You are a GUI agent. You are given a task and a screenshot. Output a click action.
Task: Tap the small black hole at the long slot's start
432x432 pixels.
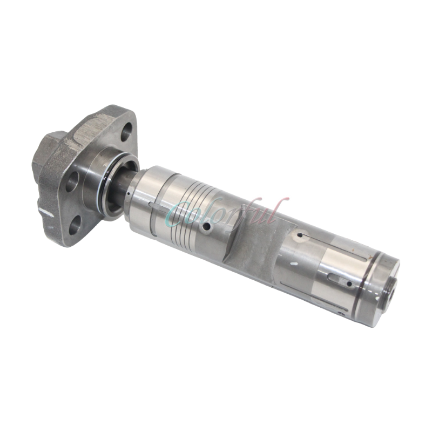pos(298,235)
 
